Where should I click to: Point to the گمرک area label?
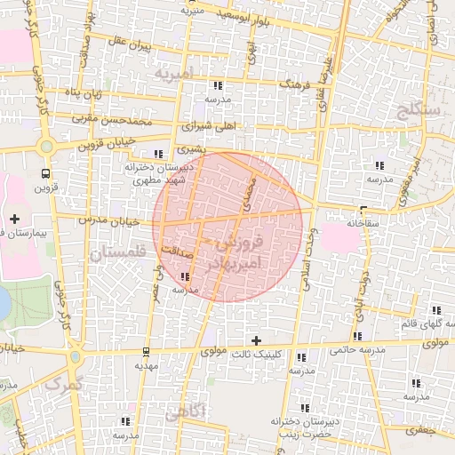click(61, 385)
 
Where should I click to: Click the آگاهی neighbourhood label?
click(185, 411)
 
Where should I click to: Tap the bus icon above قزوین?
click(45, 173)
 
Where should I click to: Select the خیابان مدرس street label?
click(99, 219)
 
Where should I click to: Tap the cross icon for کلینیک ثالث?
click(257, 340)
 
